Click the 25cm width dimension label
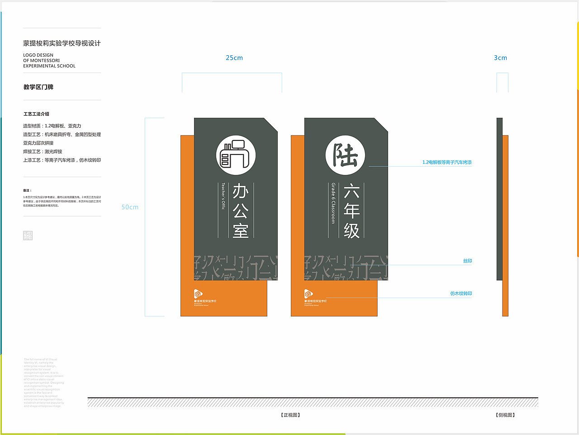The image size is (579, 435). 234,58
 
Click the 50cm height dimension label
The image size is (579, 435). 130,207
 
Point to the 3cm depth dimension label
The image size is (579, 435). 500,58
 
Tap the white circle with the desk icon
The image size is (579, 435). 236,155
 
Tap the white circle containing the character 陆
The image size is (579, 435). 346,155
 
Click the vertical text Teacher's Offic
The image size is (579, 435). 223,196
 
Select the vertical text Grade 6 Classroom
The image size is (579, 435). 333,203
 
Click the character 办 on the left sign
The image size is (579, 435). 241,191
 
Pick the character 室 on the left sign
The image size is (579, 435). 241,230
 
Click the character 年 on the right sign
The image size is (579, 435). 351,211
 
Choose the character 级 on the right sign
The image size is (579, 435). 351,231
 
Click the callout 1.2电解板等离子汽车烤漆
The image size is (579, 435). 447,162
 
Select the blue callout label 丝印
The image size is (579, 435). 467,261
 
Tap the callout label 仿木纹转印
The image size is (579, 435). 461,294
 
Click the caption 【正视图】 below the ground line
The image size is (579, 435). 290,415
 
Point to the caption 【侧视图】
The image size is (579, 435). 505,415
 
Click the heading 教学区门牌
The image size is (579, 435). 38,87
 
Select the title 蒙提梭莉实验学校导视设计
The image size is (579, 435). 62,43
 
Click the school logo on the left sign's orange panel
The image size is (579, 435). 198,294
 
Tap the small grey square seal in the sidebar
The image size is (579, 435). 28,235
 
